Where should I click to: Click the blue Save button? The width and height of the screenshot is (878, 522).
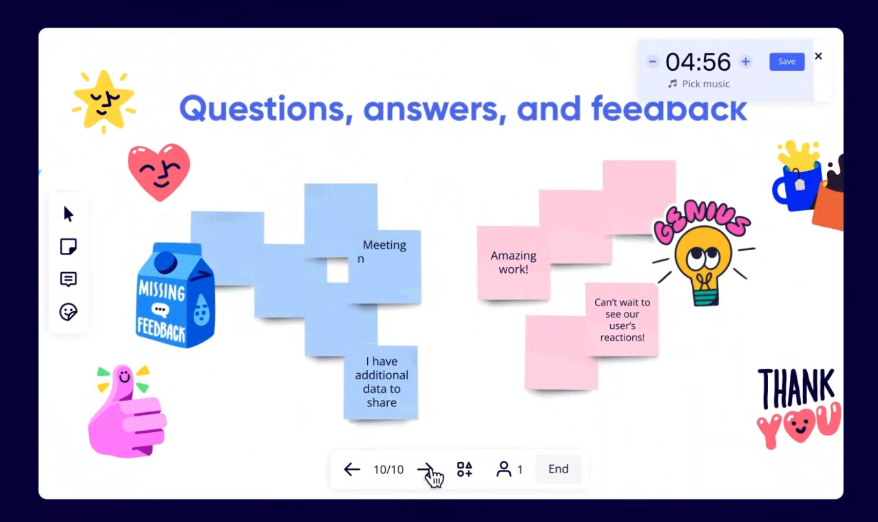pos(787,62)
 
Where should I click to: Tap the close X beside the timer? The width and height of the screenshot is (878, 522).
pos(819,56)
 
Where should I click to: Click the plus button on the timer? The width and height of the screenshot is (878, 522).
pos(746,62)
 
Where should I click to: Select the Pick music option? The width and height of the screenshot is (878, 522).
pos(699,84)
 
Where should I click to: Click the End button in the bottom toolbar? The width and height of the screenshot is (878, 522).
pos(558,469)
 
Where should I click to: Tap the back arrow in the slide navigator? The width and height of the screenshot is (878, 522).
pos(352,469)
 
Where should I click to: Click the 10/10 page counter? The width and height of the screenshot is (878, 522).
pos(388,470)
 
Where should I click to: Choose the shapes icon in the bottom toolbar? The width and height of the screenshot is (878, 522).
pos(465,469)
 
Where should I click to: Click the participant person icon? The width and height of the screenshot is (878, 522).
pos(504,469)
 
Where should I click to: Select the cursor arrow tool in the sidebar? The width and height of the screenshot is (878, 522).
pos(68,214)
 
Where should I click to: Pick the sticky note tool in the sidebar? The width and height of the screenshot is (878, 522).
pos(68,247)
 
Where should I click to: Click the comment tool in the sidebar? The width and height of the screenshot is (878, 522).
pos(68,279)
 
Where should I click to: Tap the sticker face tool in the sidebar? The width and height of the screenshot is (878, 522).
pos(68,312)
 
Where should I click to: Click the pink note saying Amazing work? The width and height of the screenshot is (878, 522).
pos(513,263)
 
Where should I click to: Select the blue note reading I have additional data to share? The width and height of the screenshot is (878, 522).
pos(381,382)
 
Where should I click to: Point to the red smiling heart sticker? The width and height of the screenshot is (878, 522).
pos(159,172)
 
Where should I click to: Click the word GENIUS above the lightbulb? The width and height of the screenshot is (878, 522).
pos(702,220)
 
